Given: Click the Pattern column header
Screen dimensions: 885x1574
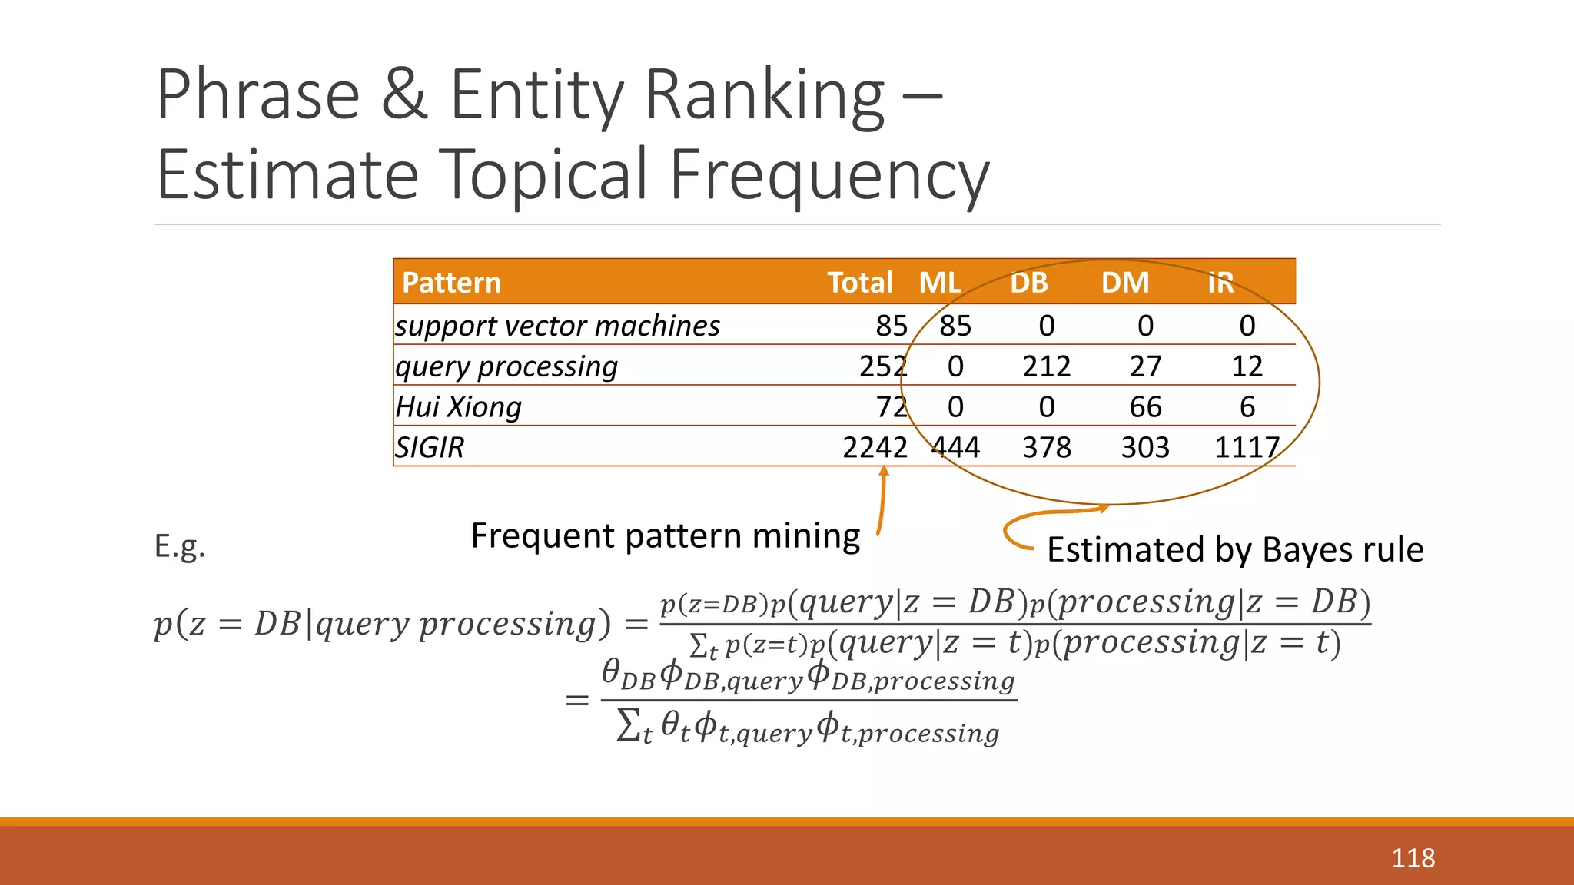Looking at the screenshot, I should (x=451, y=283).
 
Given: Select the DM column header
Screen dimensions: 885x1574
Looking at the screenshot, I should (x=1125, y=283).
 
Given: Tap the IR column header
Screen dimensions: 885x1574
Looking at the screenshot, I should (x=1220, y=283).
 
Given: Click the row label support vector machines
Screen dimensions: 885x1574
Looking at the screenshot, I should (x=557, y=326).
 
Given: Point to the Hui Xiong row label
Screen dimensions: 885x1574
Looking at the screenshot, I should (x=459, y=407).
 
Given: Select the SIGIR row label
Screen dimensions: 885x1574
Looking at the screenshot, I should (x=430, y=447).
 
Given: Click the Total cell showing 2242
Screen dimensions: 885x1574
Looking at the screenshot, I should (x=875, y=447).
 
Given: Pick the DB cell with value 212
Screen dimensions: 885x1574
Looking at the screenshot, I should (x=1046, y=366).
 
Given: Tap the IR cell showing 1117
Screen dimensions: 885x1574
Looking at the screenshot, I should (x=1247, y=447).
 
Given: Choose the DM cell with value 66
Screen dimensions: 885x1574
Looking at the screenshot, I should (x=1145, y=407).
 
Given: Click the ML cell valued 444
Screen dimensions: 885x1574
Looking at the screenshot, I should (x=955, y=447).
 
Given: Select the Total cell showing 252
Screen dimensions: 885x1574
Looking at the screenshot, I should (x=883, y=366).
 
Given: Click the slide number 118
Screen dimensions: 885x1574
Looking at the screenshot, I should (x=1413, y=858).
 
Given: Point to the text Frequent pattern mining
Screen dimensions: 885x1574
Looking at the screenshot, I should (x=665, y=535).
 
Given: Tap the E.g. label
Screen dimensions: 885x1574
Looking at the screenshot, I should (x=180, y=546).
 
